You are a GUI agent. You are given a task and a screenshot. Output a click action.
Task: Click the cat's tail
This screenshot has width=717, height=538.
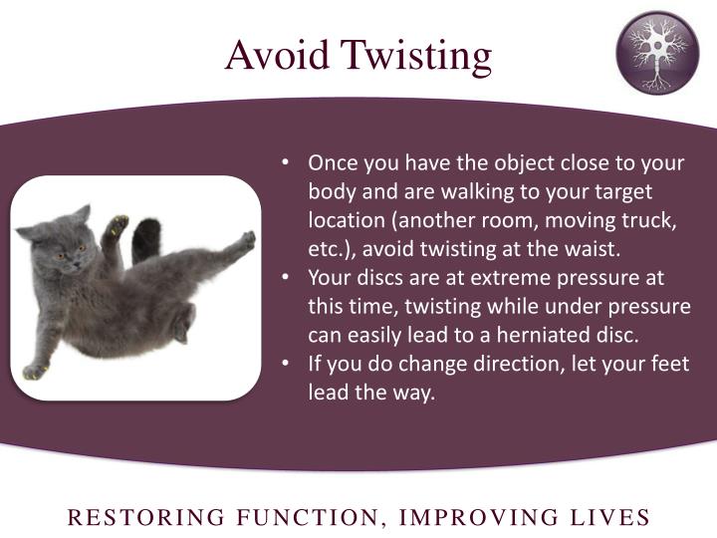point(146,239)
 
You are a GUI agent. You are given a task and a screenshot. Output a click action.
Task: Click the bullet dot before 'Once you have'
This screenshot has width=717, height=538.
point(286,162)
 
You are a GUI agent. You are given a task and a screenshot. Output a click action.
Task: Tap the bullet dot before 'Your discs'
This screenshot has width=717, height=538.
point(286,277)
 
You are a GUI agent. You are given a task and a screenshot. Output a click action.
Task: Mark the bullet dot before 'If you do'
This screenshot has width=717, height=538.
point(286,364)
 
